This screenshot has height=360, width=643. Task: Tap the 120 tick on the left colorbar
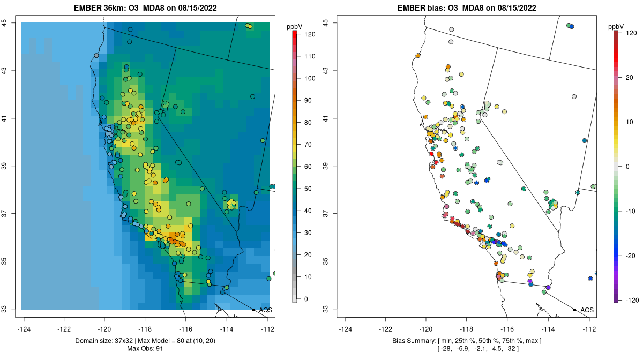310,33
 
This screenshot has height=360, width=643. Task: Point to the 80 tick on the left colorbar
310,122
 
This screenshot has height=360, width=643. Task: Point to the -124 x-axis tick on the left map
24,329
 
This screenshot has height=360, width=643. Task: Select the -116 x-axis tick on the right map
507,329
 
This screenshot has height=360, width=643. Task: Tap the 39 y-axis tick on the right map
325,166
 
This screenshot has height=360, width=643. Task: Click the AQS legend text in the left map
265,310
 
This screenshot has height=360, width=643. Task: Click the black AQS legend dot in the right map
574,310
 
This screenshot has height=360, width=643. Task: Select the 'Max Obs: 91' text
145,349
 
